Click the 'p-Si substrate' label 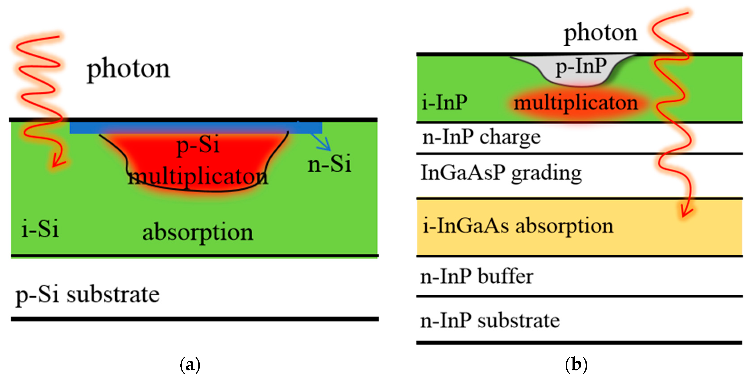87,295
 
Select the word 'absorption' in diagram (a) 198,232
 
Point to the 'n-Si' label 329,164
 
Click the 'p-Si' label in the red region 198,145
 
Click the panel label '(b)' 576,365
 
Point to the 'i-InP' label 444,102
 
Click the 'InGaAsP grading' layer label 501,173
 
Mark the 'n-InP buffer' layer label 477,276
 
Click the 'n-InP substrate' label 490,321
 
